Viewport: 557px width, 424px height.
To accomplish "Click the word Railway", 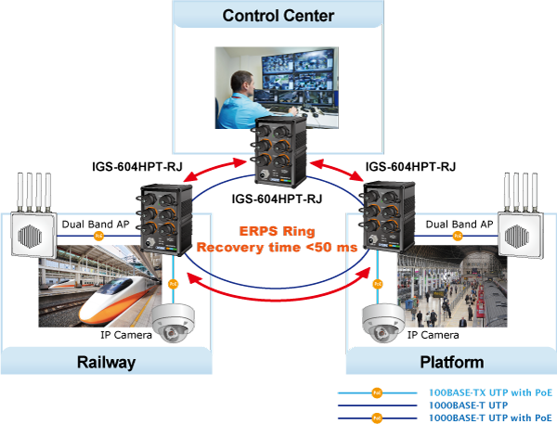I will click(106, 362).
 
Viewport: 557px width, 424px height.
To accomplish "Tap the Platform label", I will click(451, 362).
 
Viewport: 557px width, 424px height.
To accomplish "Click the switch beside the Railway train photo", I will click(167, 219).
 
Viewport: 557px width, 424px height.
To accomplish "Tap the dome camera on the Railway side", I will click(173, 319).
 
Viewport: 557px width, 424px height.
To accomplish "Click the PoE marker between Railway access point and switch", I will click(98, 236).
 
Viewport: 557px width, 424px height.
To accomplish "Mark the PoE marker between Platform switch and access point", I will click(458, 236).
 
